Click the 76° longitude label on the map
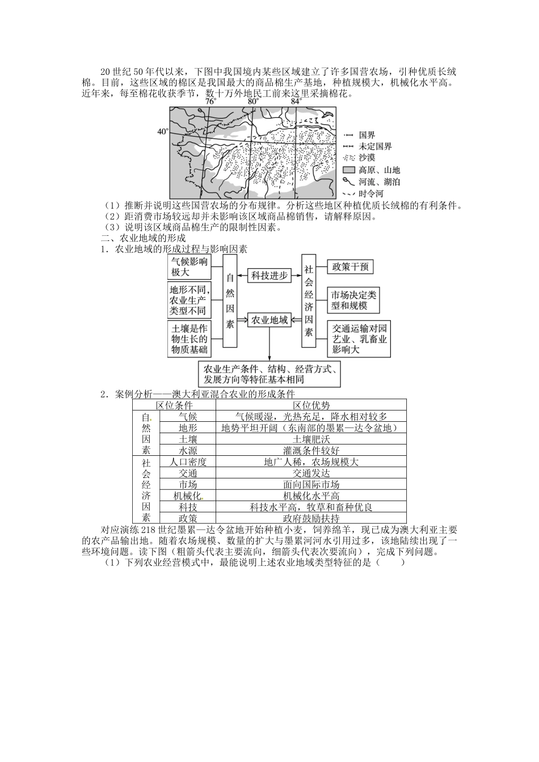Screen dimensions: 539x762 point(210,101)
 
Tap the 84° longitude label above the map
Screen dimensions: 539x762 point(296,101)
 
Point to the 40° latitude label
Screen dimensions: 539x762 point(163,132)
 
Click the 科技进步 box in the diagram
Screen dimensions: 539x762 point(269,276)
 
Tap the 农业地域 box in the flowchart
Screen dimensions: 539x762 point(269,320)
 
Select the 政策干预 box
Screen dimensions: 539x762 point(352,266)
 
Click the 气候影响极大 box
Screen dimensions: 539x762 point(189,266)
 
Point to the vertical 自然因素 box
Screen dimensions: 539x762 point(230,301)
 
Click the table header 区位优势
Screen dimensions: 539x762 point(311,405)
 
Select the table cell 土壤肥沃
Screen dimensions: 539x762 point(311,439)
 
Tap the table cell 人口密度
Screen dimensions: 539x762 point(188,462)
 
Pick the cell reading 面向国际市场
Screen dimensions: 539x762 point(311,484)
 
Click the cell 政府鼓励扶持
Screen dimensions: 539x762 point(311,518)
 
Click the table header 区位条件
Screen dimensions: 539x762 point(174,405)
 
